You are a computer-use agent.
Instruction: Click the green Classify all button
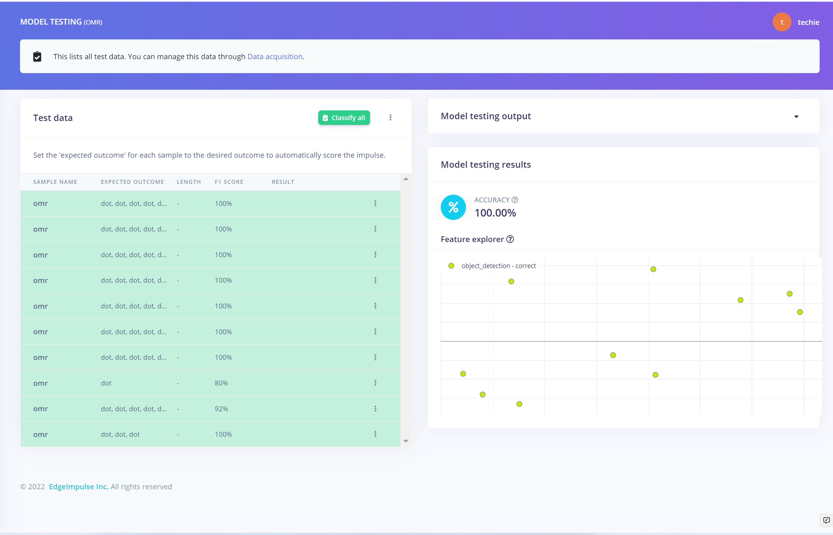(x=344, y=118)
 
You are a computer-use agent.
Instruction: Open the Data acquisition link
(x=275, y=57)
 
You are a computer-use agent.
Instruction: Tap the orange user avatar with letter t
(x=782, y=22)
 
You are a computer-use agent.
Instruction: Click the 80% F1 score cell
(x=221, y=383)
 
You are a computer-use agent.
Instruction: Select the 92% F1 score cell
(x=221, y=409)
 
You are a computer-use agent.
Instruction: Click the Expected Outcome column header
(x=132, y=182)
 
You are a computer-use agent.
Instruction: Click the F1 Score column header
(x=229, y=182)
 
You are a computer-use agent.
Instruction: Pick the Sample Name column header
(x=55, y=182)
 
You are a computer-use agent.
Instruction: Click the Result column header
(x=283, y=182)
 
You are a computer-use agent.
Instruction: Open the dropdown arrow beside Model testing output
(x=796, y=117)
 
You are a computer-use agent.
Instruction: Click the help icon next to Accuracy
(x=515, y=200)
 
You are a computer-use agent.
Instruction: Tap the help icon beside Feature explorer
(x=510, y=239)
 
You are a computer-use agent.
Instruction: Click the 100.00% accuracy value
(x=495, y=213)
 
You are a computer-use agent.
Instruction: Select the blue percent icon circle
(x=453, y=207)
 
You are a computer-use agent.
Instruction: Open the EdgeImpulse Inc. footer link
(x=79, y=486)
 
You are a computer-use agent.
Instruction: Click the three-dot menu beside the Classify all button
(x=390, y=117)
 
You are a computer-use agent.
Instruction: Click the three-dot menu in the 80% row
(x=375, y=383)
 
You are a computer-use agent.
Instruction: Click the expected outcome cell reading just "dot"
(x=106, y=383)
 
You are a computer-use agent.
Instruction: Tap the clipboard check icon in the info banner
(x=37, y=56)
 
